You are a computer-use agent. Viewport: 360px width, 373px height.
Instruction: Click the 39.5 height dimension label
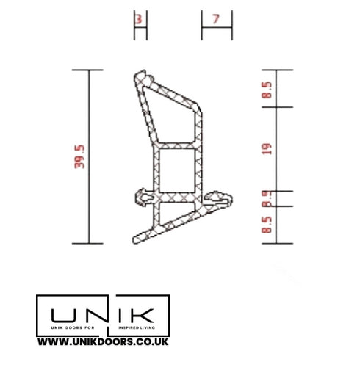point(80,156)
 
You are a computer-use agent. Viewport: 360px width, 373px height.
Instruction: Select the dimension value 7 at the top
point(215,20)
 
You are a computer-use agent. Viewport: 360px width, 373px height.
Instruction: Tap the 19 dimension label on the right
point(267,149)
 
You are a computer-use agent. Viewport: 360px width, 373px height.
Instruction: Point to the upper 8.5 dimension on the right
point(267,90)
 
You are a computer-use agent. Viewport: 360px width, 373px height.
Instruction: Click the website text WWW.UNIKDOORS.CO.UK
point(104,341)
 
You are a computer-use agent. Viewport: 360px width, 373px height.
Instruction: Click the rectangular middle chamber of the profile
point(176,170)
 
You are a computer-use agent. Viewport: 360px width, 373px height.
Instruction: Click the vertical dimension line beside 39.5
point(90,156)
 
